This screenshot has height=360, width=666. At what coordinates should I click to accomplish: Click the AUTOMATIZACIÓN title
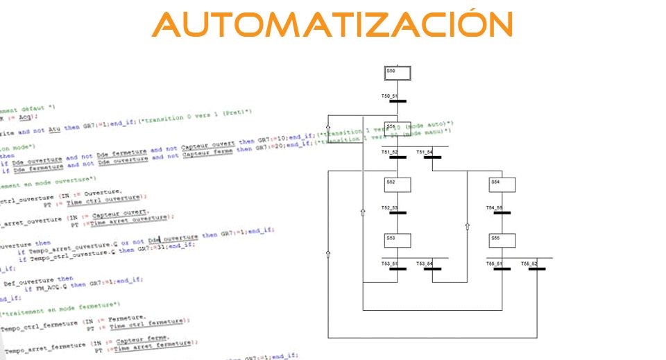pyautogui.click(x=332, y=26)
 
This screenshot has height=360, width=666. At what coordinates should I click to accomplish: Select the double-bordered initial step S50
pyautogui.click(x=398, y=74)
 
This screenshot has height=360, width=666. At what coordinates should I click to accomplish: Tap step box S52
pyautogui.click(x=398, y=184)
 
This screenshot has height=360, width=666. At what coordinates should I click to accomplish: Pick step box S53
pyautogui.click(x=398, y=240)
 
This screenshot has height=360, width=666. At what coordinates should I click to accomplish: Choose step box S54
pyautogui.click(x=502, y=184)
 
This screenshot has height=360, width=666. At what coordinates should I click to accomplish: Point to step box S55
pyautogui.click(x=502, y=240)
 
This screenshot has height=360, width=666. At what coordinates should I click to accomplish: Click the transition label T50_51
pyautogui.click(x=388, y=96)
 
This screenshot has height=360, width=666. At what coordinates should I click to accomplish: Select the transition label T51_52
pyautogui.click(x=388, y=151)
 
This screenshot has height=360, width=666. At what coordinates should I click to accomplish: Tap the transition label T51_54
pyautogui.click(x=424, y=151)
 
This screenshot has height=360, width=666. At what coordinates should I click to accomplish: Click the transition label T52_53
pyautogui.click(x=388, y=207)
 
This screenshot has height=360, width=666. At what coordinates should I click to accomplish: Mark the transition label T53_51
pyautogui.click(x=388, y=263)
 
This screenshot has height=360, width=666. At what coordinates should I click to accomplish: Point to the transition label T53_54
pyautogui.click(x=424, y=263)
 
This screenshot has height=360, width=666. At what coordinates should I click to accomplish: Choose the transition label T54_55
pyautogui.click(x=493, y=207)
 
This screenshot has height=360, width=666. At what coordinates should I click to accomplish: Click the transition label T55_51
pyautogui.click(x=493, y=263)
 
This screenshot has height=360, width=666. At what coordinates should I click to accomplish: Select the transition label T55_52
pyautogui.click(x=529, y=263)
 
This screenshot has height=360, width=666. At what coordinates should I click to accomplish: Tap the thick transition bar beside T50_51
pyautogui.click(x=398, y=101)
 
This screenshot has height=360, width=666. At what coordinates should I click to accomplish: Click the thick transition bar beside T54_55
pyautogui.click(x=502, y=212)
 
